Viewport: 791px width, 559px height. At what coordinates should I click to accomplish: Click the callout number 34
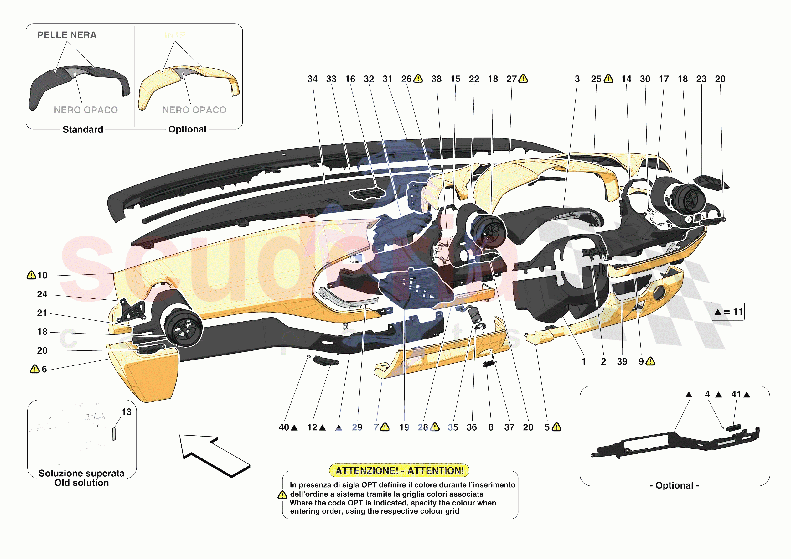(x=312, y=79)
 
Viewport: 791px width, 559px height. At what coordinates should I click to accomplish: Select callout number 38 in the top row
(x=436, y=79)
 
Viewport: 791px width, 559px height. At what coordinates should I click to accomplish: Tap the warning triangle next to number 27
(x=523, y=79)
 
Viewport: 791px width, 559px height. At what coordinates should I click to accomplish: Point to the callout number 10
(x=42, y=275)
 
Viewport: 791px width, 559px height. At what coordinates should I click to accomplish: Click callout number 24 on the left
(x=42, y=294)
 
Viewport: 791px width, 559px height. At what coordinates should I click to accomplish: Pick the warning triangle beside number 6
(x=34, y=369)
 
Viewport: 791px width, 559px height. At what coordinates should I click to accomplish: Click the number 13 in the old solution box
(x=126, y=412)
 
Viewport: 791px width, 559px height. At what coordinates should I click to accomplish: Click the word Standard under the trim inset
(x=83, y=130)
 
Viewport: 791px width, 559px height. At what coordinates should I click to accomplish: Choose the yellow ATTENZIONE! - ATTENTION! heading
(x=399, y=470)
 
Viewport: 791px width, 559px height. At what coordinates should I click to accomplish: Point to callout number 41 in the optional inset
(x=736, y=394)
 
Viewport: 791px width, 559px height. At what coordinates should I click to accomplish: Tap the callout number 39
(x=622, y=361)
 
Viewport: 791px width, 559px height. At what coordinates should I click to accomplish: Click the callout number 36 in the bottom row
(x=472, y=427)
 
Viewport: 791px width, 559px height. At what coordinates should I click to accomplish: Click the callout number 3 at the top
(x=577, y=79)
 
